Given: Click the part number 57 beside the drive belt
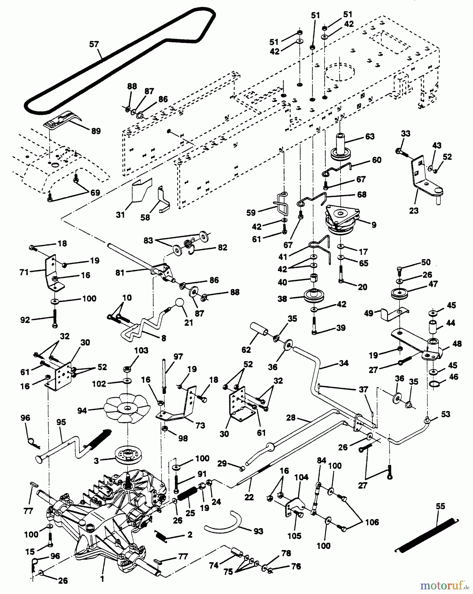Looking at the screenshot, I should coord(94,44).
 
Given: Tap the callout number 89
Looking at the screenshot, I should coord(96,131).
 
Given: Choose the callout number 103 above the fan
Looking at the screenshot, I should coord(141,350).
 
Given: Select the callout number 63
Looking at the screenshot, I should coord(370,136).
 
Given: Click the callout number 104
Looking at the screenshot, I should coord(301,477).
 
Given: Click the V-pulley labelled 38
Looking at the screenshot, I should coord(313,296).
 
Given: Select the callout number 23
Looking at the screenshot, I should coord(414,210).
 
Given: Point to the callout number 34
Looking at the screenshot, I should coord(343,363).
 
